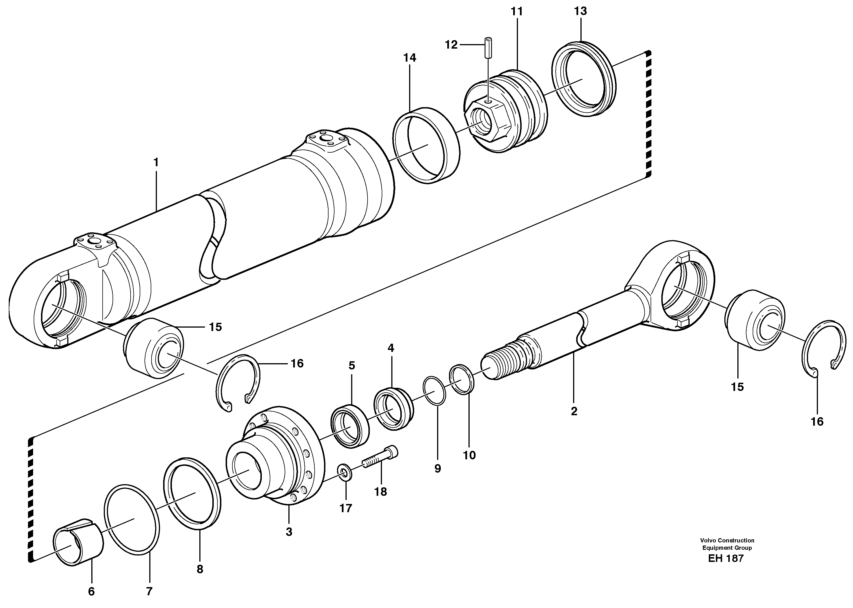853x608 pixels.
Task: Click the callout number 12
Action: coord(451,45)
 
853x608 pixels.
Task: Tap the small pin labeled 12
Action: coord(488,47)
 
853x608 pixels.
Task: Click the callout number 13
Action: coord(580,11)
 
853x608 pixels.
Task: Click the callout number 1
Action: coord(156,162)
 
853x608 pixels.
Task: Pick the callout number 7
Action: coord(149,592)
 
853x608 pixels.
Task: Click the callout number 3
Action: coord(289,532)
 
